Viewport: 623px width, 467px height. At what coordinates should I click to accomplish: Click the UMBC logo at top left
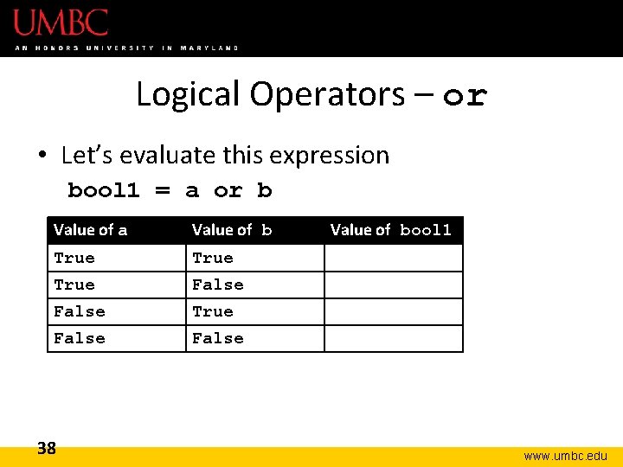61,22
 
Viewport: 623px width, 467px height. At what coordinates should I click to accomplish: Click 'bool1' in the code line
104,190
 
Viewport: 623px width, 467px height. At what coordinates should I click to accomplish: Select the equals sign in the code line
162,191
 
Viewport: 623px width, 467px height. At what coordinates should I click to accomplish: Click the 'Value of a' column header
90,230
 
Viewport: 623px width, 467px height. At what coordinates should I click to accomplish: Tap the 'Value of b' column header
231,230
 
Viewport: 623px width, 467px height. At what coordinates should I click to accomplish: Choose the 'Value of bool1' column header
391,230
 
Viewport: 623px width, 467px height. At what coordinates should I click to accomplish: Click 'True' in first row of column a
74,258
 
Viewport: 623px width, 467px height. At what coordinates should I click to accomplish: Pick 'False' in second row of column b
217,285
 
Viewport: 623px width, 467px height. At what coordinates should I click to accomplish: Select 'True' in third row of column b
213,311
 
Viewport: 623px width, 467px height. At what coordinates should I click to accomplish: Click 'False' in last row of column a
79,338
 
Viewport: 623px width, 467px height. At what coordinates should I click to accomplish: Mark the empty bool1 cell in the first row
394,258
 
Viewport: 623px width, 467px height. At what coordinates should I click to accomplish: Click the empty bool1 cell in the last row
394,338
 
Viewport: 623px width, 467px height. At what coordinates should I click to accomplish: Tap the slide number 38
47,448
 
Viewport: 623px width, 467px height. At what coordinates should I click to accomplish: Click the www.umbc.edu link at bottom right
565,456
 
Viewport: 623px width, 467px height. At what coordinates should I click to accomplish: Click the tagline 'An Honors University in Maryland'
126,48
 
